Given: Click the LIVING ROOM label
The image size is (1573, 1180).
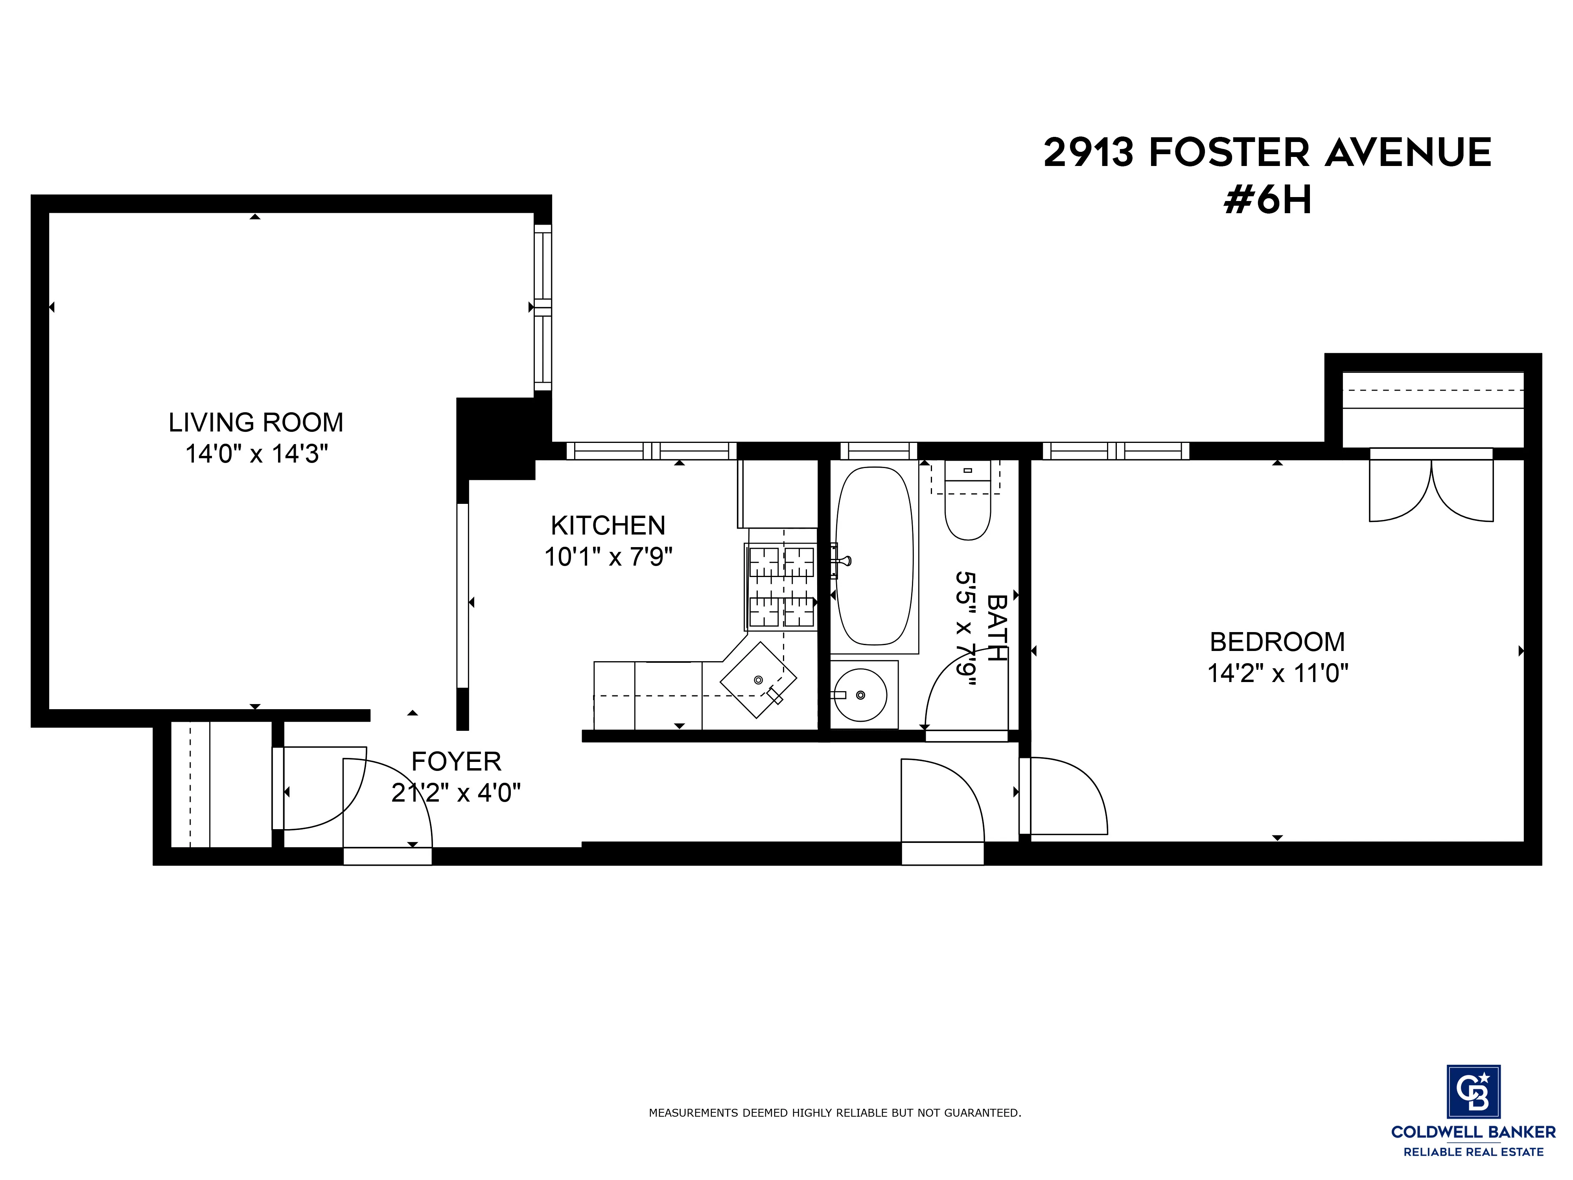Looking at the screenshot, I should (255, 422).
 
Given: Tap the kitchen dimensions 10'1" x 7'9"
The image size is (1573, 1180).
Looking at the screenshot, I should (608, 556).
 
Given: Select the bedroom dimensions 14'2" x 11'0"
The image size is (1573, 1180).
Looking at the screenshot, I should (1277, 673).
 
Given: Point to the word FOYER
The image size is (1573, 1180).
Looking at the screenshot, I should (456, 762).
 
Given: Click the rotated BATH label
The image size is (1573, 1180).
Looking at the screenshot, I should (996, 627).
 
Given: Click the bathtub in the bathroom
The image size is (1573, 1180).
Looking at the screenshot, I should (874, 556).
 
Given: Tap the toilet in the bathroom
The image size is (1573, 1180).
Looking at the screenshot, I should (967, 509).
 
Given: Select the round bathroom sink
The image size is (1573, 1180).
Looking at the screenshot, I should (860, 695).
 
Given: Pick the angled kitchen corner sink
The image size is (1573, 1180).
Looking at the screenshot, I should (758, 679).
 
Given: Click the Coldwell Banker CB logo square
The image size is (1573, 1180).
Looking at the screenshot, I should (1474, 1092).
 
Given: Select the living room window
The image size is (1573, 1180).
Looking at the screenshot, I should (543, 307).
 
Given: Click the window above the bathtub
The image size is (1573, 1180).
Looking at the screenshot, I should (878, 451).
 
